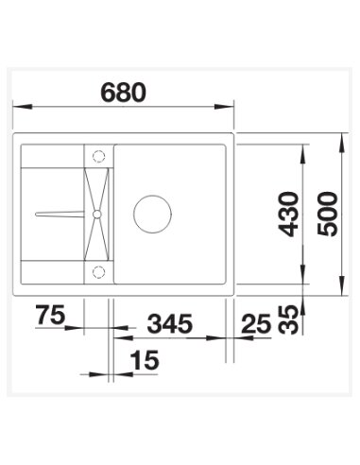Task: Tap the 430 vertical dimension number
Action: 289,215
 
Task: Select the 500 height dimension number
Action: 330,215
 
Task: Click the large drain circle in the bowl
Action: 150,215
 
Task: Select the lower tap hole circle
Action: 97,272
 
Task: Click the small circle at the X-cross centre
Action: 97,215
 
